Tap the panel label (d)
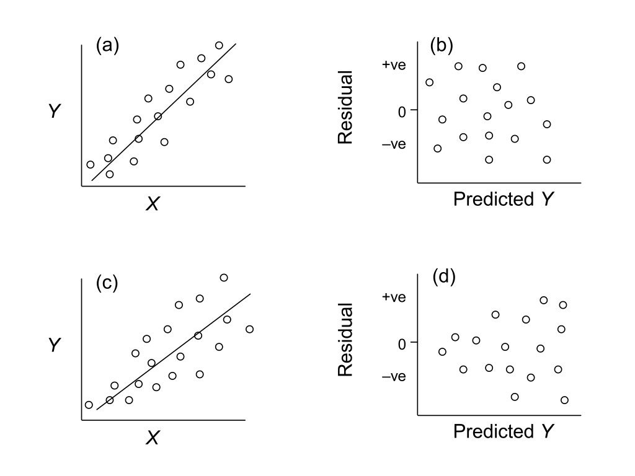[443, 277]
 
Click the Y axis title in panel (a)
[55, 112]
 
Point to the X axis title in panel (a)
[152, 203]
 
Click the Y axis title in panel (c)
[55, 345]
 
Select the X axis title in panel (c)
[152, 438]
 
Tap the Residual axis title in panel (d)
[345, 340]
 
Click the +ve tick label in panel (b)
[394, 64]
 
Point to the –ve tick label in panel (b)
[394, 144]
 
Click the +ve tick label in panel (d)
[394, 297]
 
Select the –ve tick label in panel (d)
[394, 376]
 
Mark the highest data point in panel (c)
[224, 278]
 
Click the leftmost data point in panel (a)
[91, 164]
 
